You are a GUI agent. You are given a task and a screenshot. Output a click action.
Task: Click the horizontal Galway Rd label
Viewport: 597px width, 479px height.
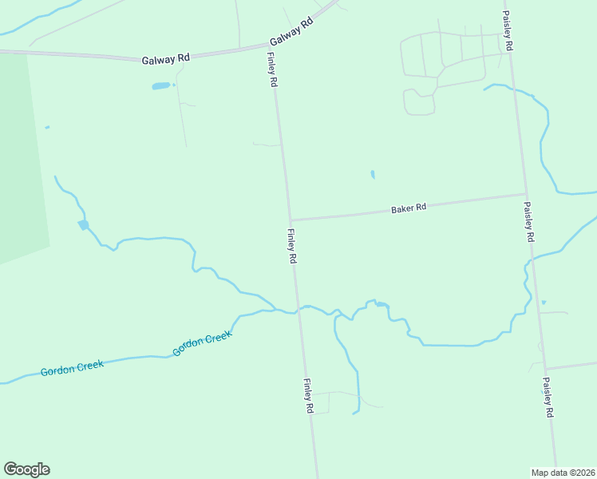pyautogui.click(x=166, y=58)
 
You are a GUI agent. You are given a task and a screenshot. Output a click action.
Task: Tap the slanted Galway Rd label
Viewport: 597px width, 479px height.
pyautogui.click(x=291, y=32)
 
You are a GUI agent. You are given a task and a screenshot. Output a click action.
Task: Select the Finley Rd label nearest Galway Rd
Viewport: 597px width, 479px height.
pyautogui.click(x=272, y=70)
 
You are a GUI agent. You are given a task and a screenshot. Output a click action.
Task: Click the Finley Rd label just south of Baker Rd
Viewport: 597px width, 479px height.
pyautogui.click(x=291, y=247)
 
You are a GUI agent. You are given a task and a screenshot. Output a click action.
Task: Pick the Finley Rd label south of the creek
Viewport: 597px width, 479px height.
pyautogui.click(x=308, y=396)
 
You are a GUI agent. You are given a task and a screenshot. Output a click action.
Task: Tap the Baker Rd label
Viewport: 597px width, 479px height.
pyautogui.click(x=409, y=208)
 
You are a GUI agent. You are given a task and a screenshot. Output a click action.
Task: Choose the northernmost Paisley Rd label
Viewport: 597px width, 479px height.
pyautogui.click(x=507, y=32)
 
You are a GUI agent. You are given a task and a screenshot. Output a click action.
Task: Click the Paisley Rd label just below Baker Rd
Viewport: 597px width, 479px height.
pyautogui.click(x=528, y=222)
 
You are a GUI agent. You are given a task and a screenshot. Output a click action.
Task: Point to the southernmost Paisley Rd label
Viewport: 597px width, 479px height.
pyautogui.click(x=548, y=398)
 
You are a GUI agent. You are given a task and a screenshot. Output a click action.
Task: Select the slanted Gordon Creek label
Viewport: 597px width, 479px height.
pyautogui.click(x=203, y=344)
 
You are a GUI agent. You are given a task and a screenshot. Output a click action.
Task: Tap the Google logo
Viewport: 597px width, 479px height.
pyautogui.click(x=26, y=469)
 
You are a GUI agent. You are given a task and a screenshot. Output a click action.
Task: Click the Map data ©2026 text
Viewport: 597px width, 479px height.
pyautogui.click(x=563, y=473)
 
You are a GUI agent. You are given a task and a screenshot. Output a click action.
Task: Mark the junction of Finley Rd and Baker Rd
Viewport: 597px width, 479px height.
pyautogui.click(x=291, y=220)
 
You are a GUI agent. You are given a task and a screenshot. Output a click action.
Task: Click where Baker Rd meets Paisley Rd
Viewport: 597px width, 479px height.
pyautogui.click(x=524, y=194)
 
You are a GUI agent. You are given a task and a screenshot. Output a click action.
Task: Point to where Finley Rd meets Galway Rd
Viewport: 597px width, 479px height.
pyautogui.click(x=269, y=48)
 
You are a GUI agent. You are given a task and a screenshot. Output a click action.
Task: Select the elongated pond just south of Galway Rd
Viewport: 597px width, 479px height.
pyautogui.click(x=161, y=85)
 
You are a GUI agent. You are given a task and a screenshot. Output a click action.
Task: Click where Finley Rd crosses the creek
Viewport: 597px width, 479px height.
pyautogui.click(x=298, y=309)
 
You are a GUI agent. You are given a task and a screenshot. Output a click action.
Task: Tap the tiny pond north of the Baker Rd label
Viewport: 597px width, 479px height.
pyautogui.click(x=372, y=174)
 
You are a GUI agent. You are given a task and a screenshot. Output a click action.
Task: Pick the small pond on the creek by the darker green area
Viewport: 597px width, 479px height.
pyautogui.click(x=83, y=225)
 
